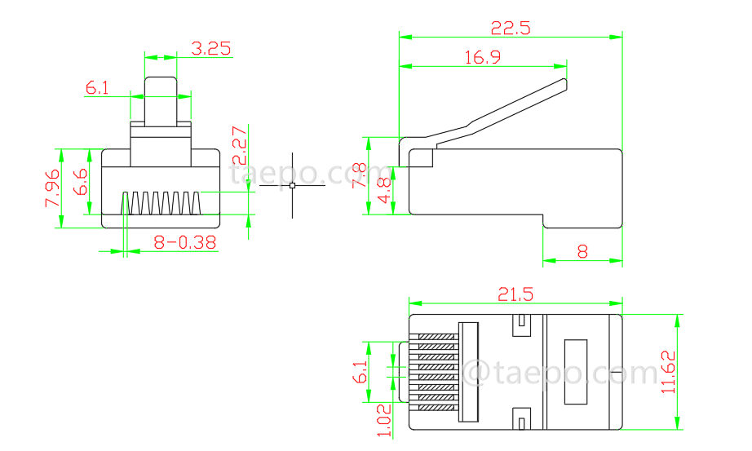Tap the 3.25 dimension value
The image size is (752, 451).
(210, 48)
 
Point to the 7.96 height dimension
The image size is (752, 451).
(51, 188)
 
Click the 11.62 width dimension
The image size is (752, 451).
(670, 372)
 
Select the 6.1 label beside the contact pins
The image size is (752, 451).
(360, 372)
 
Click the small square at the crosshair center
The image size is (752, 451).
(293, 186)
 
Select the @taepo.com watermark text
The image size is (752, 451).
(560, 374)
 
